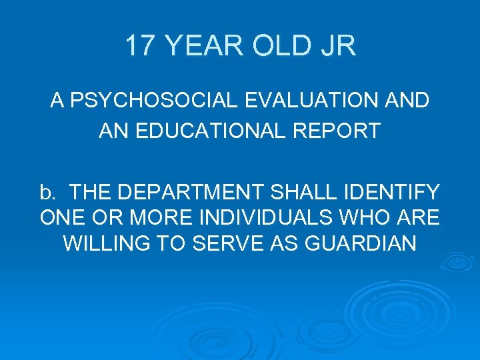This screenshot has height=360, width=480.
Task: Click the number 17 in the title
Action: pos(139,46)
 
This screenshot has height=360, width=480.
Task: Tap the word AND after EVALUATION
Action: pos(407,101)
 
